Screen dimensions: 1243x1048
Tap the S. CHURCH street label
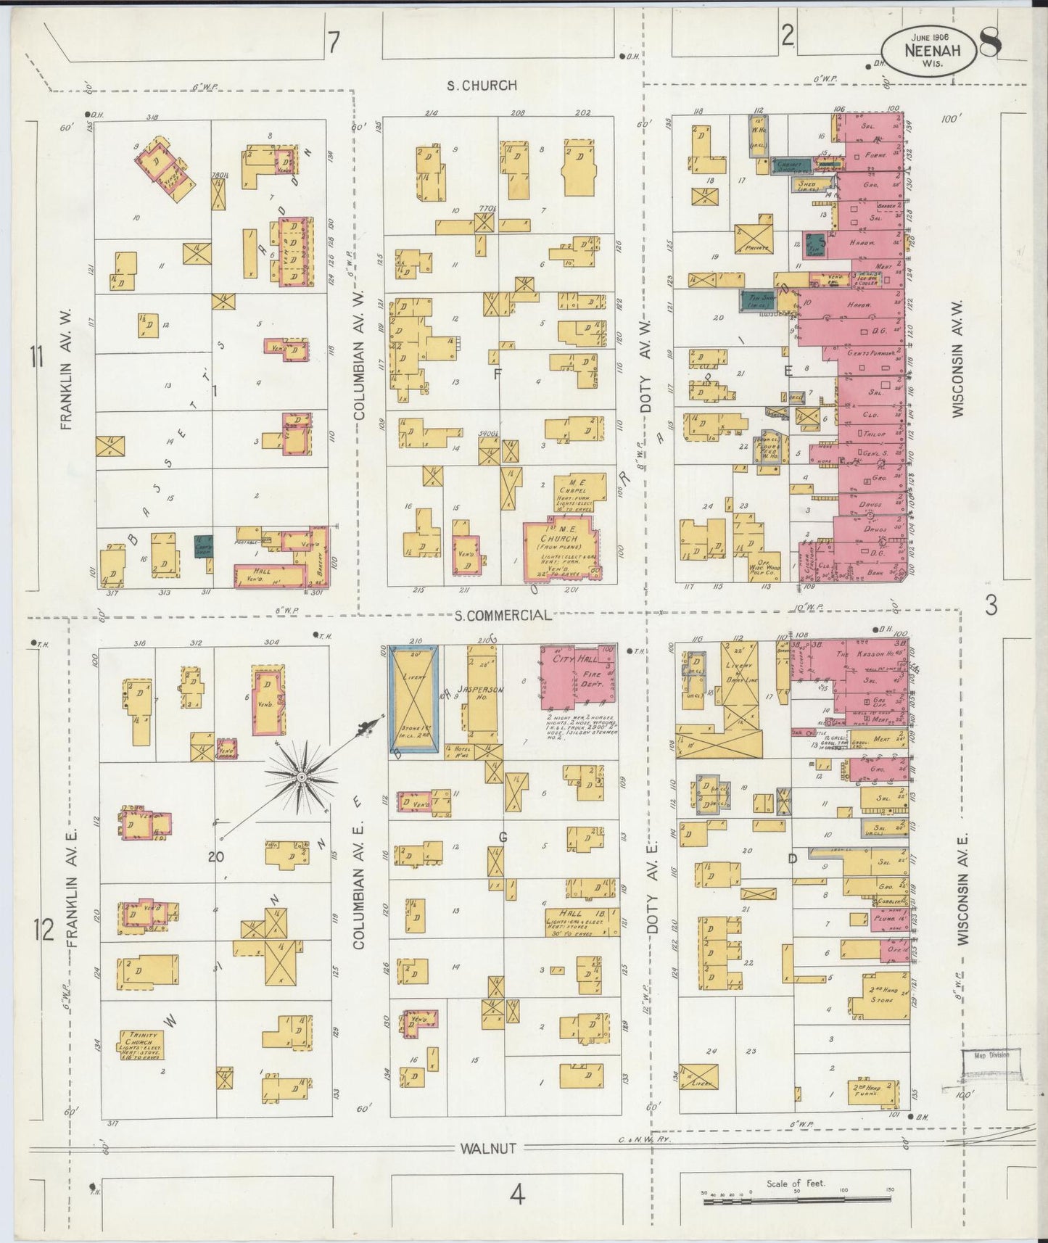click(482, 85)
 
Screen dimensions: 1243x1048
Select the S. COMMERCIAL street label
click(503, 615)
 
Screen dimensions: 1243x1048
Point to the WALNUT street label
click(487, 1149)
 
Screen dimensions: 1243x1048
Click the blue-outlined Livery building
click(414, 698)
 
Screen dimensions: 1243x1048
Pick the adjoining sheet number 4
click(516, 1194)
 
